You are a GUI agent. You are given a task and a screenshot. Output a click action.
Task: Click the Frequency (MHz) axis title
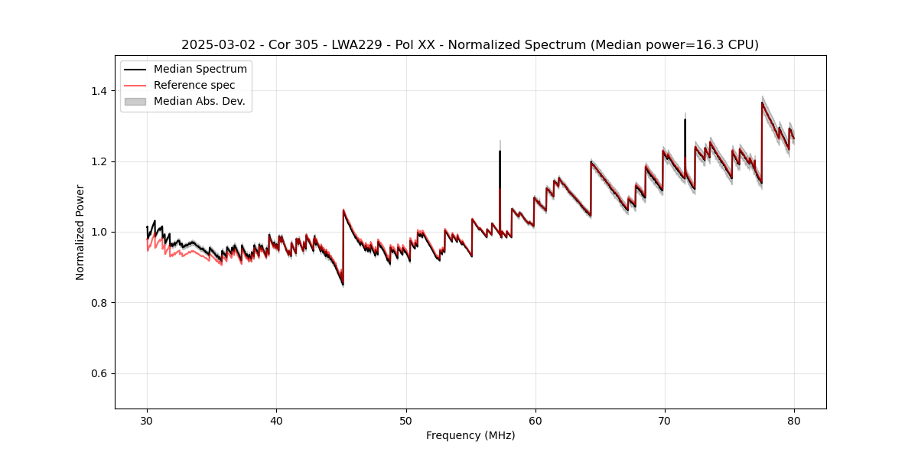tap(470, 435)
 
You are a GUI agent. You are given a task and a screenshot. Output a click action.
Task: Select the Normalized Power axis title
tap(80, 232)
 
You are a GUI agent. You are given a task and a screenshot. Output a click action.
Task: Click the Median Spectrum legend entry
tap(200, 70)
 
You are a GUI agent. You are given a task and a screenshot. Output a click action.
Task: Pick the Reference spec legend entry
tap(194, 85)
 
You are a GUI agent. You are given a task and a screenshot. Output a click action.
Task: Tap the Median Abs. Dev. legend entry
tap(199, 101)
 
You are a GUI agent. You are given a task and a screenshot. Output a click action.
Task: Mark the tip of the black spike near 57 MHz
tap(500, 151)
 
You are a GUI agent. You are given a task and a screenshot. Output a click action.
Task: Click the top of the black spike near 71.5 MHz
tap(685, 119)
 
